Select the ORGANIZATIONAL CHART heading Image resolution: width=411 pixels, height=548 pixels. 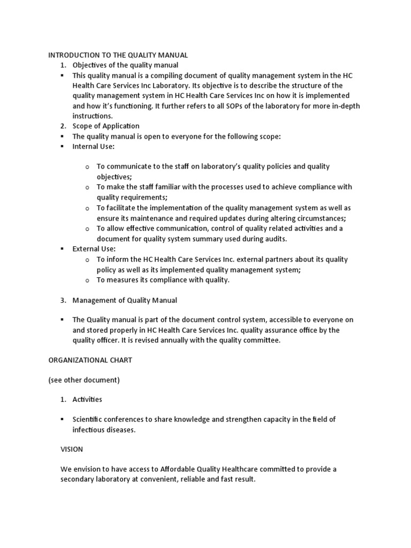coord(90,360)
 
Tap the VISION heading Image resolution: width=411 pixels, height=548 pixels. coord(72,450)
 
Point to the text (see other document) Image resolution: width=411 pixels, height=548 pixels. coord(83,380)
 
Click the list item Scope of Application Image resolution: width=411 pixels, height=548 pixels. coord(106,126)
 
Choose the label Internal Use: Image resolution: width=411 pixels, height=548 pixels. coord(94,147)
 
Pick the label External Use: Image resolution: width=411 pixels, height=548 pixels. coord(94,249)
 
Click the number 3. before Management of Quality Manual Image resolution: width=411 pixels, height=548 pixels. coord(63,300)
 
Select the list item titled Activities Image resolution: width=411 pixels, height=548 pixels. coord(87,399)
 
